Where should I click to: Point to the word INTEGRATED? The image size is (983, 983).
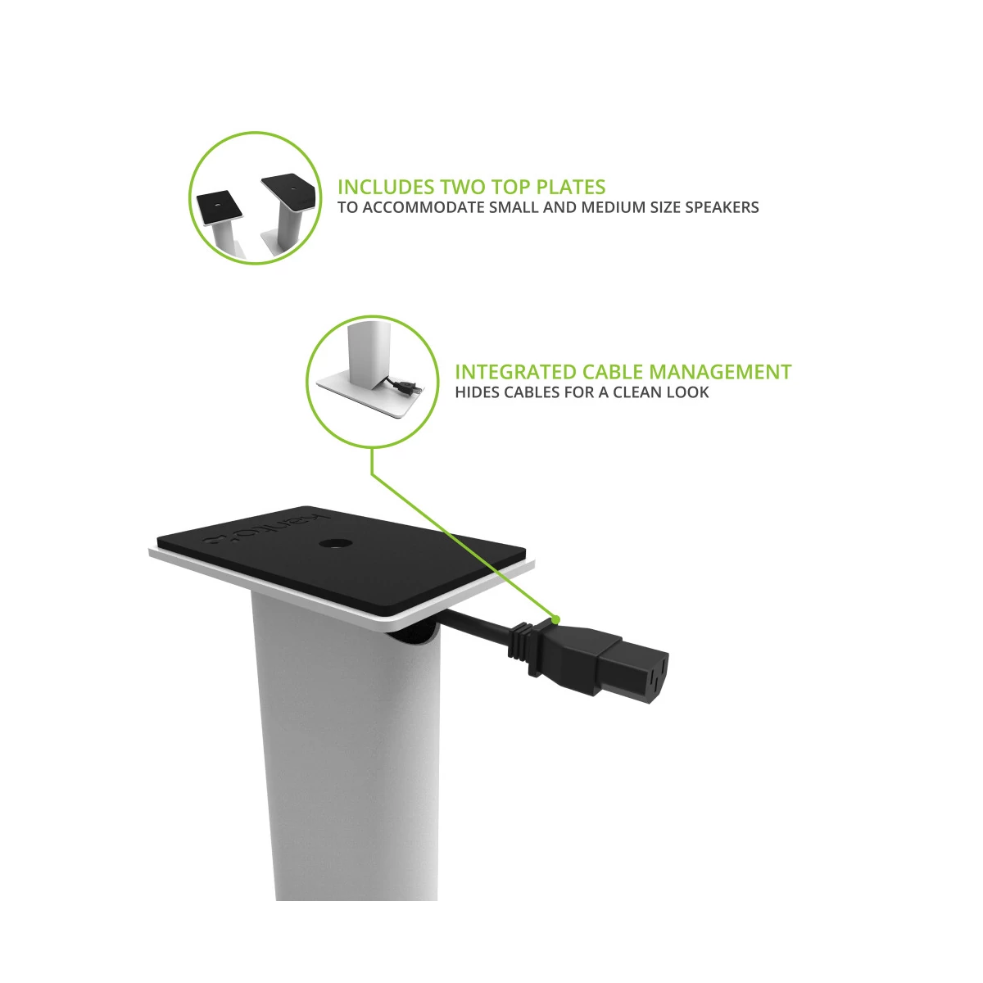(516, 373)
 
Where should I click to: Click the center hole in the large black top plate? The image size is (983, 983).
(336, 543)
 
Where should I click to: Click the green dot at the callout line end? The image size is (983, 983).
(556, 620)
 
